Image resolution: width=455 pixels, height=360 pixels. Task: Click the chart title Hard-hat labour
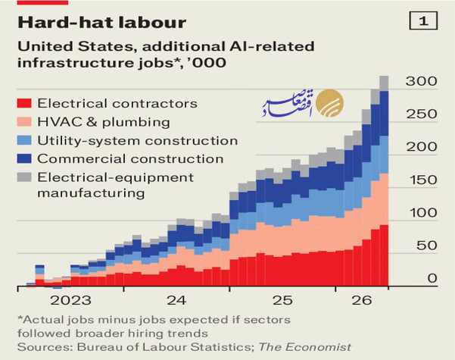[102, 23]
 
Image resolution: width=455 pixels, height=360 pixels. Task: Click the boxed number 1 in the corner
[423, 20]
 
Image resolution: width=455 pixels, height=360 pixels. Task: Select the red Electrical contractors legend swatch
[24, 103]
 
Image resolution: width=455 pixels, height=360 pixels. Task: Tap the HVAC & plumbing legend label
[104, 122]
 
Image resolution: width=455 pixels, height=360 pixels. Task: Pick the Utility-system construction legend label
[138, 141]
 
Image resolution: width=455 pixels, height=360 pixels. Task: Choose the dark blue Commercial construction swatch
[24, 158]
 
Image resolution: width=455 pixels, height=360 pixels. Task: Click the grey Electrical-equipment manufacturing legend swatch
[24, 177]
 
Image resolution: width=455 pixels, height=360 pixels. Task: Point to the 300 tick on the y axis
[422, 81]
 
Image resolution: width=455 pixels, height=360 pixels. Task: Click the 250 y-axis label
[422, 114]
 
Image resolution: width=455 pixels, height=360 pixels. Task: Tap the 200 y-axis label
[422, 147]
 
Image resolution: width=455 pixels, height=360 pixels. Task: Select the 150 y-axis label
[423, 180]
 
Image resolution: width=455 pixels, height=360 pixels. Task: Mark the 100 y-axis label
[423, 213]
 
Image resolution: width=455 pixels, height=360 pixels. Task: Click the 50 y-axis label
[426, 246]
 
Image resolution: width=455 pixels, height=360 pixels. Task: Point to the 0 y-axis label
[432, 278]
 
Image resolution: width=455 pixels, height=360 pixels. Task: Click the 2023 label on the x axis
[70, 300]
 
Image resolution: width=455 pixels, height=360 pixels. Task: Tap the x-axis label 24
[176, 300]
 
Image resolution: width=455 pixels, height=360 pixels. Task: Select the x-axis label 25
[282, 300]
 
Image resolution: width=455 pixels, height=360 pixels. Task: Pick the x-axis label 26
[362, 300]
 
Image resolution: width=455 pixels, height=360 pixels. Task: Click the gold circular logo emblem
[329, 103]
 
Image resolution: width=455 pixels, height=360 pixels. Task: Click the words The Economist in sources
[304, 347]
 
